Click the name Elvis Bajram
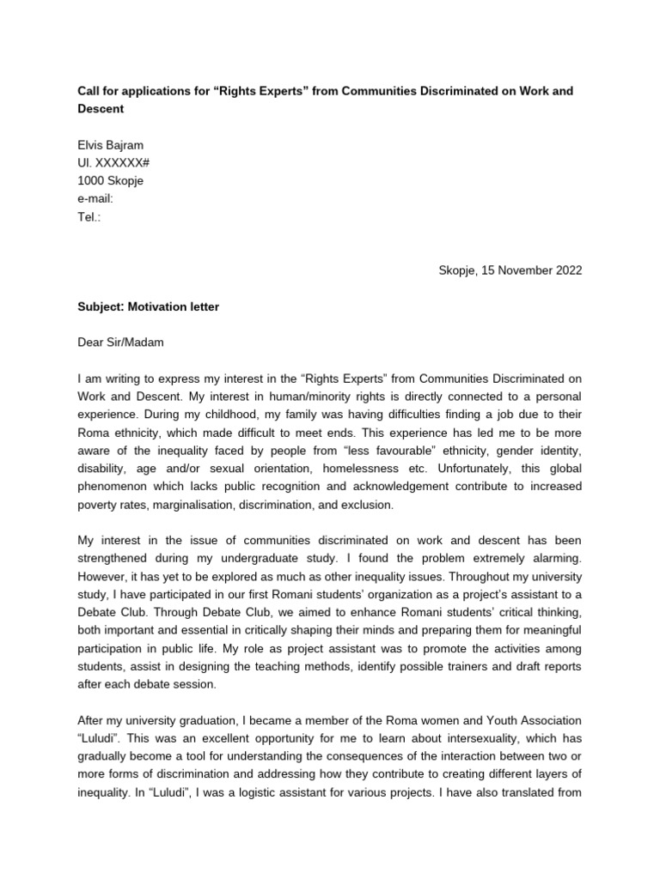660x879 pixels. pyautogui.click(x=111, y=145)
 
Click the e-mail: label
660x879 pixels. pyautogui.click(x=95, y=199)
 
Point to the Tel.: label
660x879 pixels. pyautogui.click(x=89, y=217)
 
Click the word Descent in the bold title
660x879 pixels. pyautogui.click(x=101, y=109)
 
